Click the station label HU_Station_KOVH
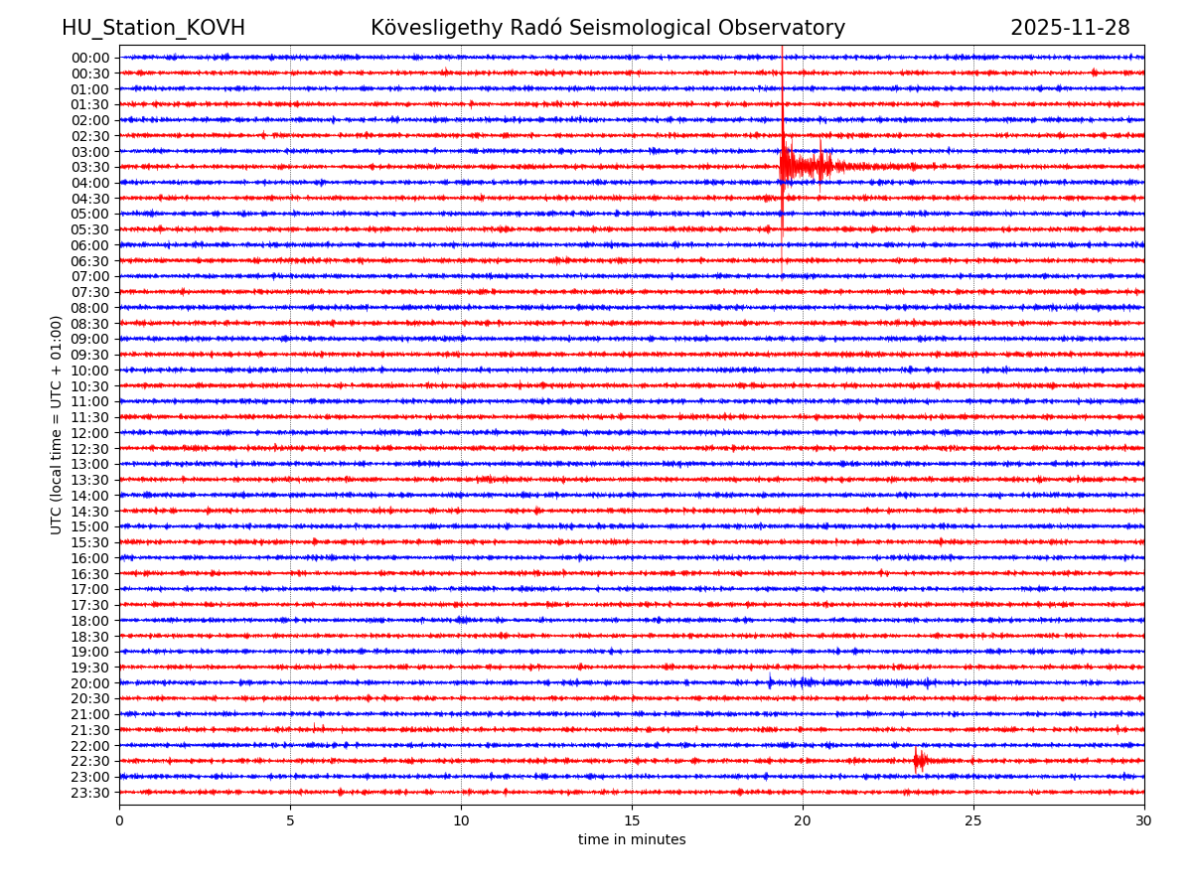tap(153, 28)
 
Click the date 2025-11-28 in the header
tap(1070, 28)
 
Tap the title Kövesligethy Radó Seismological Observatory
tap(608, 28)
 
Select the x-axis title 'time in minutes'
tap(632, 840)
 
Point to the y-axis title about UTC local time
tap(57, 425)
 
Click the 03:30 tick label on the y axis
tap(90, 167)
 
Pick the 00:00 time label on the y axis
tap(90, 58)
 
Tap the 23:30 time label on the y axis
tap(90, 793)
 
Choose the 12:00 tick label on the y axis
tap(90, 433)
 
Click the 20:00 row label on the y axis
tap(90, 683)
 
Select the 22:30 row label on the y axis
tap(90, 762)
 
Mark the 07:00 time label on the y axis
tap(90, 276)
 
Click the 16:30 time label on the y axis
tap(90, 574)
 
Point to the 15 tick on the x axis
tap(632, 820)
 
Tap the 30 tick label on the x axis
tap(1144, 820)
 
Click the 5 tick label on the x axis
tap(290, 820)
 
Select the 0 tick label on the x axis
tap(119, 820)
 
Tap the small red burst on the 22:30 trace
tap(920, 761)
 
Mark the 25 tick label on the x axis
tap(973, 820)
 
